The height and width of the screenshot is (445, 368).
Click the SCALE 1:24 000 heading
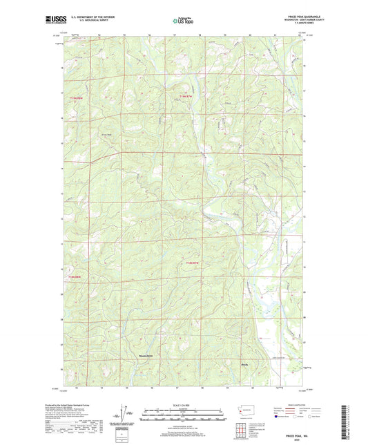pos(183,404)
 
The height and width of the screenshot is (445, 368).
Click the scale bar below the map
pos(183,415)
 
